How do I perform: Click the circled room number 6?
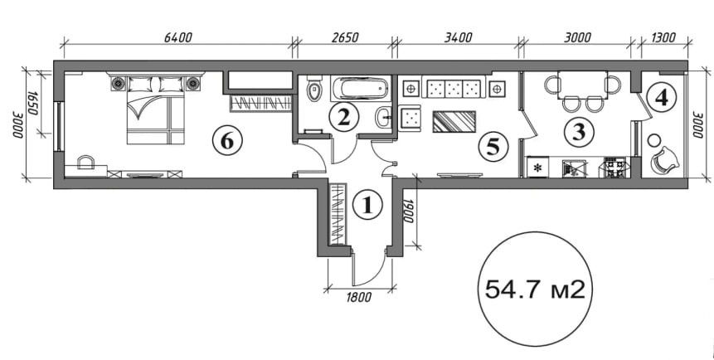click(x=227, y=141)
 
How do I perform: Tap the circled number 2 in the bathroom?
click(x=344, y=117)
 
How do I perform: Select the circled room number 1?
click(x=367, y=205)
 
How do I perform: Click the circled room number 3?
click(x=579, y=131)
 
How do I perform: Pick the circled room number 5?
click(x=493, y=146)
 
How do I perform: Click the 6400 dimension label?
click(x=178, y=37)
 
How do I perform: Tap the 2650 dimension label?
click(x=345, y=37)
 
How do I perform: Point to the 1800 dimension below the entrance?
click(x=359, y=298)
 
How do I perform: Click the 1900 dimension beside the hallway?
click(x=409, y=211)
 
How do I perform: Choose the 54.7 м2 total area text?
click(x=535, y=289)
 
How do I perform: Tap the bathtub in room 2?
click(x=360, y=88)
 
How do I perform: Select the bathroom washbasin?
click(x=383, y=118)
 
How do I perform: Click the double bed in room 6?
click(x=155, y=109)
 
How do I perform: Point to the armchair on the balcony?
click(x=664, y=159)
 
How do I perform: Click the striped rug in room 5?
click(x=454, y=121)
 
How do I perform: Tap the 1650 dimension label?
click(x=33, y=104)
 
